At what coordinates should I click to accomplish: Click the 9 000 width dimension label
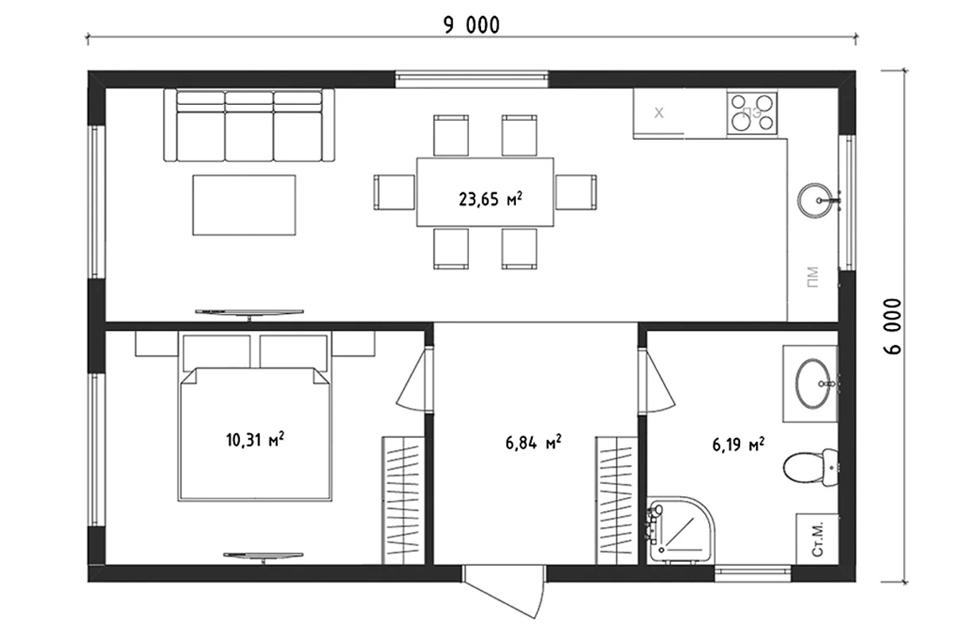pos(471,25)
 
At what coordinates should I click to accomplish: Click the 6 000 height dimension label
pos(893,326)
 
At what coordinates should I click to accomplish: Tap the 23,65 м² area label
pos(491,199)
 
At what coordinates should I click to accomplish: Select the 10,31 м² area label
pos(255,440)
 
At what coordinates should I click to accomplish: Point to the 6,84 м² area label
pos(533,443)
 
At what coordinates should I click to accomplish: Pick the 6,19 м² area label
pos(739,444)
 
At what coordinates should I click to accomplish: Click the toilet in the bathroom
pos(810,467)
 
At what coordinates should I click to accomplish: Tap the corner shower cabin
pos(681,529)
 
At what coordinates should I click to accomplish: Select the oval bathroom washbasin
pos(813,383)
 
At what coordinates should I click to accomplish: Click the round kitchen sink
pos(815,200)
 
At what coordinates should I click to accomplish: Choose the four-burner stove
pos(752,112)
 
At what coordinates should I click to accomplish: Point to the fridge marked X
pos(658,114)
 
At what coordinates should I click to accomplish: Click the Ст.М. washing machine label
pos(817,539)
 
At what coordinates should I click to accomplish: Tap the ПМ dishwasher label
pos(812,277)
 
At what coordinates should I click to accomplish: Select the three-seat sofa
pos(249,125)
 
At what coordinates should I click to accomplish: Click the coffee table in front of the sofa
pos(244,205)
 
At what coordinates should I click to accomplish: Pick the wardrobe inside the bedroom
pos(403,501)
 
